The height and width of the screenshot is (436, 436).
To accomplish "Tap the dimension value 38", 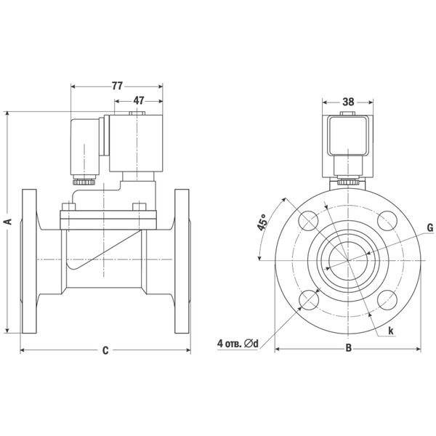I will point(347,102).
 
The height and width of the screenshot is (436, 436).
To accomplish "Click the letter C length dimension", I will point(105,350).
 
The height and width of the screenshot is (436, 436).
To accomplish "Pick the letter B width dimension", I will point(347,350).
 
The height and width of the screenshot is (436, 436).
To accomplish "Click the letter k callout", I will point(391,331).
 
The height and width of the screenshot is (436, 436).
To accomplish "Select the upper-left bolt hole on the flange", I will point(307,220).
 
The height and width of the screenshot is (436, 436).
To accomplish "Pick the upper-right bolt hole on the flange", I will point(387,220).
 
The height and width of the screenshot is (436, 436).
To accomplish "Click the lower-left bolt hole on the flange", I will point(307,299).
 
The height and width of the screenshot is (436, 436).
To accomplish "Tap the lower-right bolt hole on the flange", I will point(387,299).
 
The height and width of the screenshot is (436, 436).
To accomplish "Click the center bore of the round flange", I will point(347,260).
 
